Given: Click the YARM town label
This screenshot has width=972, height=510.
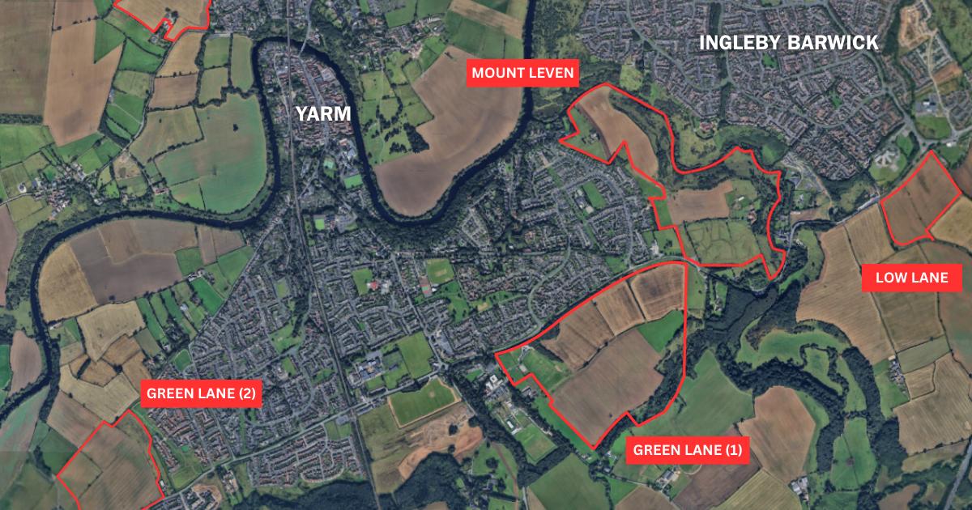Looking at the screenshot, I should point(323,113).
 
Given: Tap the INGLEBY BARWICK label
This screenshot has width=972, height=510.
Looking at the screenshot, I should point(788,43).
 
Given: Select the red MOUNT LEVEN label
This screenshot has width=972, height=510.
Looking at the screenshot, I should point(522,74).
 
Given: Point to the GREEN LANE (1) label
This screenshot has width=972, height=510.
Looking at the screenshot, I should point(686,450).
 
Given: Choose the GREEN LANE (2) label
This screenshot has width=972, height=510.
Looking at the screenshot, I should point(201,394).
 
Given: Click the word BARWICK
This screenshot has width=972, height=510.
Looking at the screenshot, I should point(837,43).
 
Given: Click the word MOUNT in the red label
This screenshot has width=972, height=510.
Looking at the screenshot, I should point(497,74).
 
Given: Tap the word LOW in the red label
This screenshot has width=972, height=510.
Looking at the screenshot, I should point(892,278).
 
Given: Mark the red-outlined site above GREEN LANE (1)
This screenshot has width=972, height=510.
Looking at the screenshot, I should point(607,356).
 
